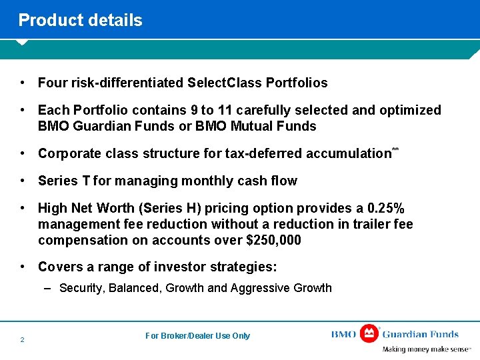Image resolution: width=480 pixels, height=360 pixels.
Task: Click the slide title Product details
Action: [x=80, y=20]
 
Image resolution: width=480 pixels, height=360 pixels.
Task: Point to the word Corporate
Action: [x=68, y=153]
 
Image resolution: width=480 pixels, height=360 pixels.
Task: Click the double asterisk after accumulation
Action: [x=395, y=149]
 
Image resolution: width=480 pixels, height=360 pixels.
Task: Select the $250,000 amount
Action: [x=273, y=240]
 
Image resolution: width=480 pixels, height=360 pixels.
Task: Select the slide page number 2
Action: [x=22, y=340]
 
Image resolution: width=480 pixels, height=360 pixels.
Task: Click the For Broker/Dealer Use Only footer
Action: [x=197, y=336]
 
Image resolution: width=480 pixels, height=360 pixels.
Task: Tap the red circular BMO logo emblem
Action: [x=369, y=333]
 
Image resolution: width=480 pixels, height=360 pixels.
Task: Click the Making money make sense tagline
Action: [x=425, y=349]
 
